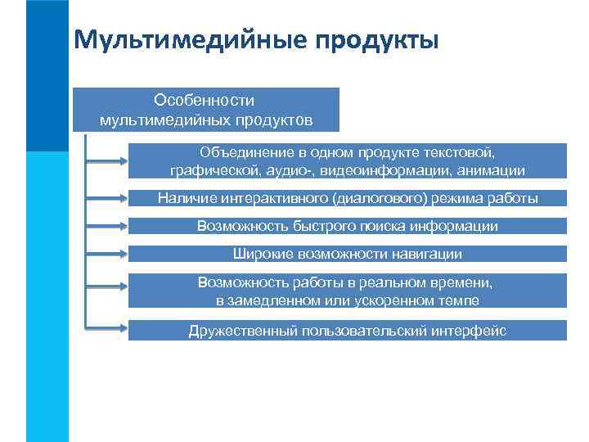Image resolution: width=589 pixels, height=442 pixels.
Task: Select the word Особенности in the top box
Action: pyautogui.click(x=204, y=100)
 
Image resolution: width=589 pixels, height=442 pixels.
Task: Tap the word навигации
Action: pyautogui.click(x=425, y=254)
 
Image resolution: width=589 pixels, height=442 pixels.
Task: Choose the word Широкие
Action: pyautogui.click(x=259, y=254)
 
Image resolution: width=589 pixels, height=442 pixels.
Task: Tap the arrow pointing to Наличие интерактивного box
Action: pyautogui.click(x=106, y=199)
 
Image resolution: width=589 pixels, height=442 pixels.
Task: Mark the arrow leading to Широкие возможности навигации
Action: pyautogui.click(x=106, y=254)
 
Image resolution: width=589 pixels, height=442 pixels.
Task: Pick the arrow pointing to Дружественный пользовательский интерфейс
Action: pyautogui.click(x=106, y=331)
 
